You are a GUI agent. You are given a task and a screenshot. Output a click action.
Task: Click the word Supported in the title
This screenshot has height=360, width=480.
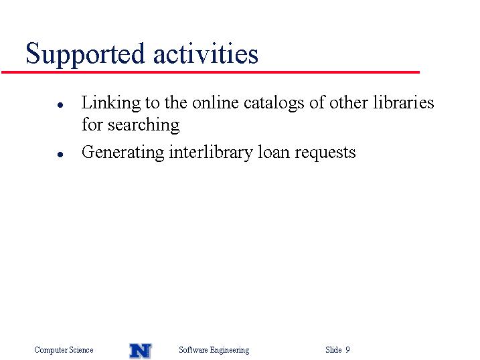[85, 54]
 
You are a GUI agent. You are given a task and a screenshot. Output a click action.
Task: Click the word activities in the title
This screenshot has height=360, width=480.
[206, 53]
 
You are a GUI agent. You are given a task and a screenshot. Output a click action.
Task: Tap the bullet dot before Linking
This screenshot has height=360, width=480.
[60, 105]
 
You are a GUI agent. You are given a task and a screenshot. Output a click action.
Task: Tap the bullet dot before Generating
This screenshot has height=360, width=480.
[60, 155]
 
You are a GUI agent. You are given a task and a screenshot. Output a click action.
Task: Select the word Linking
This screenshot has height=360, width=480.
[111, 103]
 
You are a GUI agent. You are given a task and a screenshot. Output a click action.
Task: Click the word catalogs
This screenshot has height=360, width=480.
[274, 103]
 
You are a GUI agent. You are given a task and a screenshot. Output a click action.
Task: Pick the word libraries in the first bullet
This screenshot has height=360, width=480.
[404, 102]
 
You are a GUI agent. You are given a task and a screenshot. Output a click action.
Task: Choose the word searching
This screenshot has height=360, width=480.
[143, 125]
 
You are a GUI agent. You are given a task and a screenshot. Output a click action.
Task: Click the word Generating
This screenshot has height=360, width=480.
[123, 153]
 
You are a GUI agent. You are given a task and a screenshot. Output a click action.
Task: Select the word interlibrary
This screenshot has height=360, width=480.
[211, 153]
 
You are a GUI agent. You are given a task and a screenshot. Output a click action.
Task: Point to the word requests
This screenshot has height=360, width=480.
[325, 153]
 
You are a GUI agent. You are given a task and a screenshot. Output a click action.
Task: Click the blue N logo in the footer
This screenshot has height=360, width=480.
[141, 351]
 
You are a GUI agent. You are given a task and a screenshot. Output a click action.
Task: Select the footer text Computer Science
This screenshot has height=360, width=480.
[64, 350]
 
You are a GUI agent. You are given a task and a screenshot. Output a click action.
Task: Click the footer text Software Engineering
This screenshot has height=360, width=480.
[214, 350]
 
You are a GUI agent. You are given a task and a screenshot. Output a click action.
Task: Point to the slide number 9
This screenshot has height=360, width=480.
[347, 349]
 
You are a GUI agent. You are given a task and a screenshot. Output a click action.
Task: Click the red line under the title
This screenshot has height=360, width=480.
[211, 72]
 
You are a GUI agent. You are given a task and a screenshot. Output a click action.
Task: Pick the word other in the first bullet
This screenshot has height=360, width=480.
[349, 102]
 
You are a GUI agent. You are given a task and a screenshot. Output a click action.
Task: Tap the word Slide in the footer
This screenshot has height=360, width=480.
[333, 349]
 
